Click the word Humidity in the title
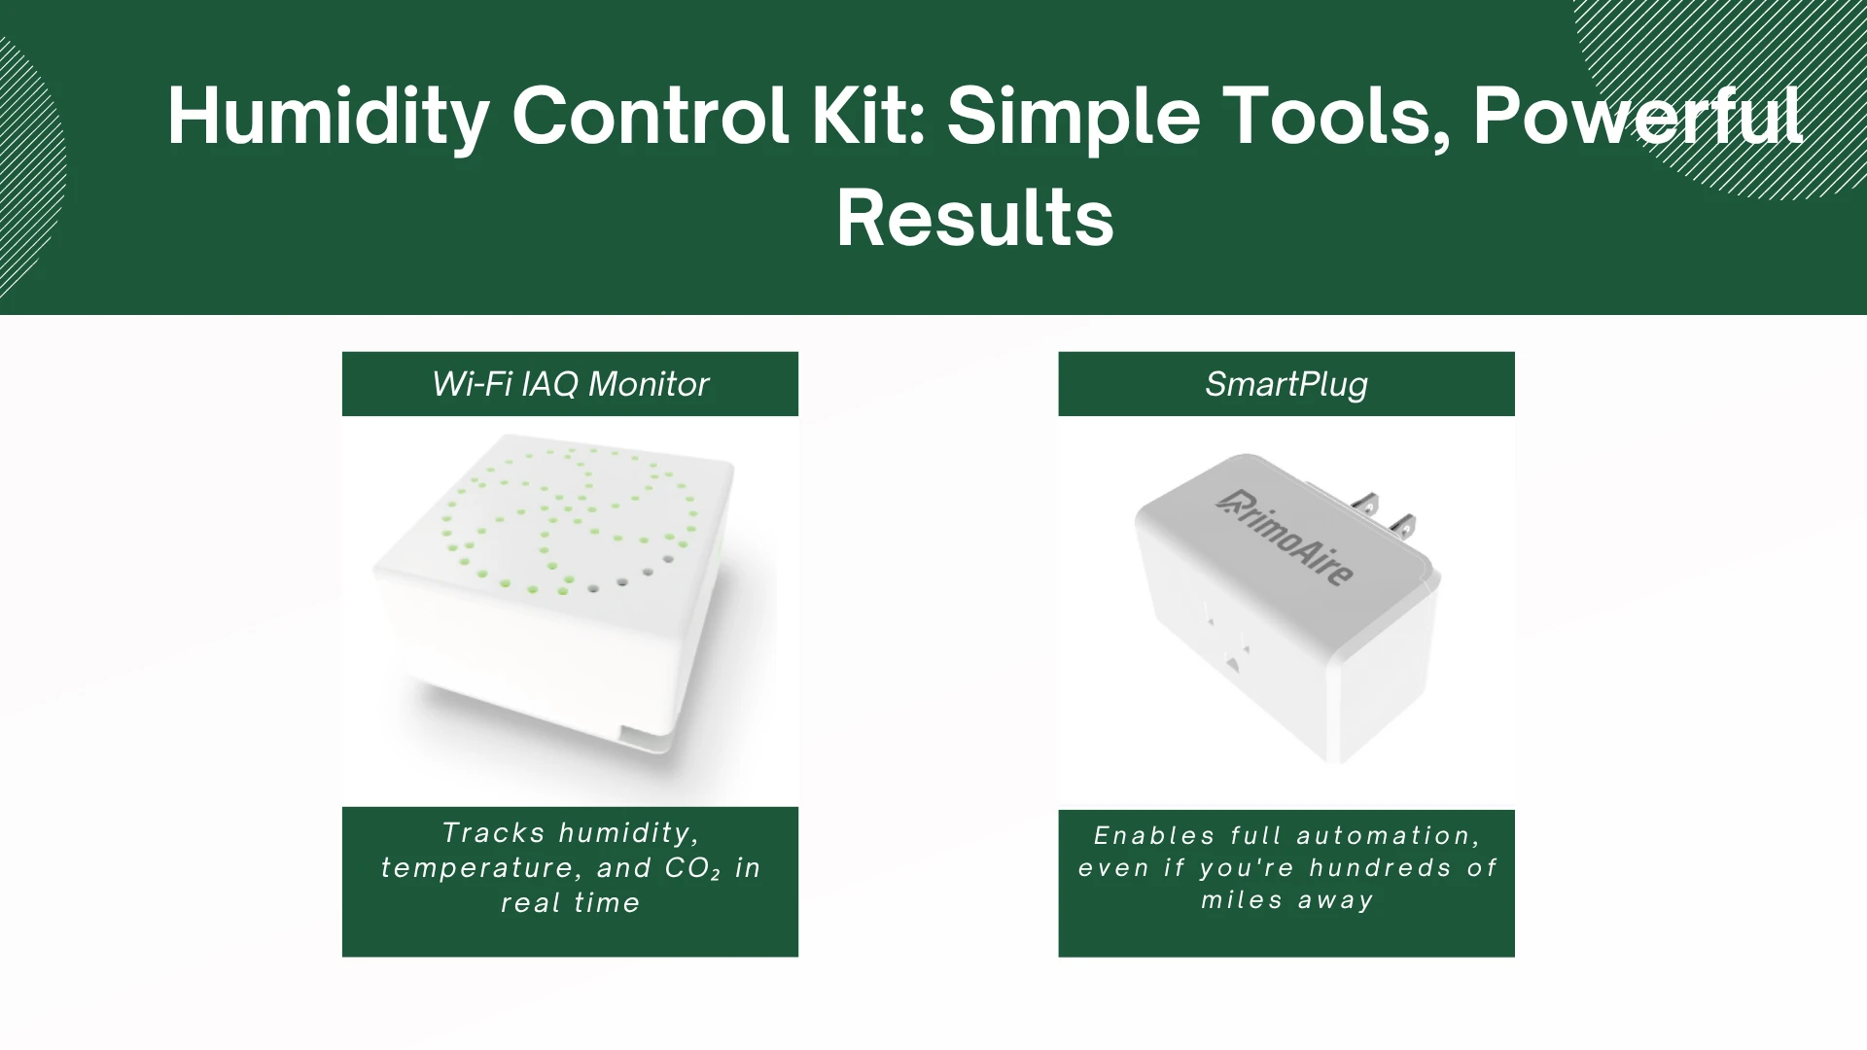(328, 118)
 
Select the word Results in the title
(974, 219)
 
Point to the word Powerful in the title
(1638, 116)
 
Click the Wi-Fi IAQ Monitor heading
(570, 384)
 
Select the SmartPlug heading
(1286, 384)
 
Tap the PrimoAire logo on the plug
(1286, 538)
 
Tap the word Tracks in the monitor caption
(493, 833)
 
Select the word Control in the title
(650, 116)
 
